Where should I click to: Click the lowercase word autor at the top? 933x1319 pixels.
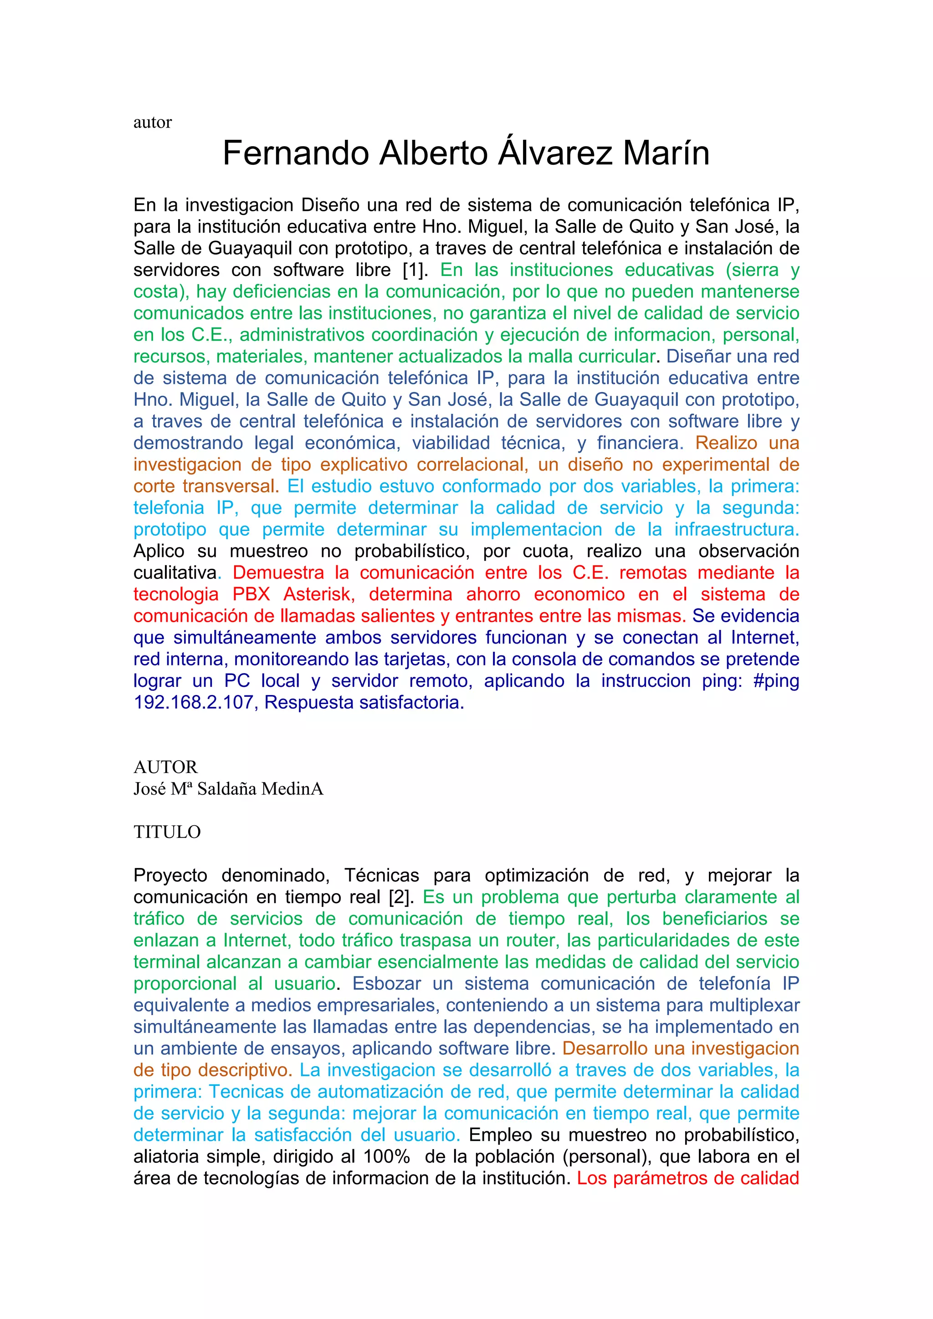[152, 123]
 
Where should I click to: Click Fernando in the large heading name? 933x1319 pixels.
[295, 153]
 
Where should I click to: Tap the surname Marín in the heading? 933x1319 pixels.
[666, 153]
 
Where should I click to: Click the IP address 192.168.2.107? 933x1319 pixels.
[194, 703]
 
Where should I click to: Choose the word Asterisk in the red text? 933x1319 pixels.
[319, 594]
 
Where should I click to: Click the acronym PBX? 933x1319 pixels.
[251, 594]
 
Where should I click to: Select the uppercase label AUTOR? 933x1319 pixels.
[165, 767]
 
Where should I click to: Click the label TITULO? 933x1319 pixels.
[167, 833]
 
